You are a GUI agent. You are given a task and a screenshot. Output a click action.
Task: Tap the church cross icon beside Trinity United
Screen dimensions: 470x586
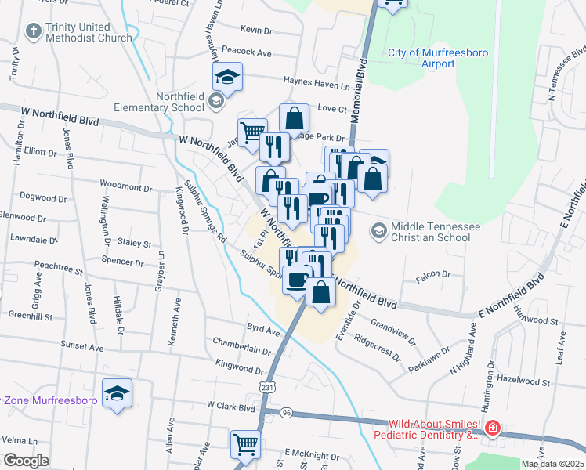click(x=33, y=31)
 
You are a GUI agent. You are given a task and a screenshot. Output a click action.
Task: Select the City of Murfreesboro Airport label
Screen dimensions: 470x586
click(x=427, y=58)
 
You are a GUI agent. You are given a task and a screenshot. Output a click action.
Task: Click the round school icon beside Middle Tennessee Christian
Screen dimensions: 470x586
click(x=379, y=230)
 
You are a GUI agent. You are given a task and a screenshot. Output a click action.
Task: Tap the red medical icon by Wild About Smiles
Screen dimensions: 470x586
click(x=491, y=428)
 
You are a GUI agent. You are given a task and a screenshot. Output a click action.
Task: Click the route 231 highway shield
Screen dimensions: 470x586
click(x=268, y=388)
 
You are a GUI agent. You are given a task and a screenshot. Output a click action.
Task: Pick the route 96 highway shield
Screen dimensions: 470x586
click(x=287, y=412)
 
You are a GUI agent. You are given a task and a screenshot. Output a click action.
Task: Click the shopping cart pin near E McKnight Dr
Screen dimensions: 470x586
click(x=246, y=444)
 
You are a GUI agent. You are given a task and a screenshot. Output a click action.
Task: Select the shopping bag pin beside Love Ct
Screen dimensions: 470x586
click(x=294, y=119)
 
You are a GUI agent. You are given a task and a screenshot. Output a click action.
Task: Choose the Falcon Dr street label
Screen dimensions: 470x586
click(x=435, y=274)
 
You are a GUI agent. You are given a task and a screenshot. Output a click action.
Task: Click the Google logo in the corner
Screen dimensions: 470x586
click(x=26, y=461)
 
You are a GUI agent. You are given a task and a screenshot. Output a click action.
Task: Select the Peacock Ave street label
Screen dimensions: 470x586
click(x=246, y=52)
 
